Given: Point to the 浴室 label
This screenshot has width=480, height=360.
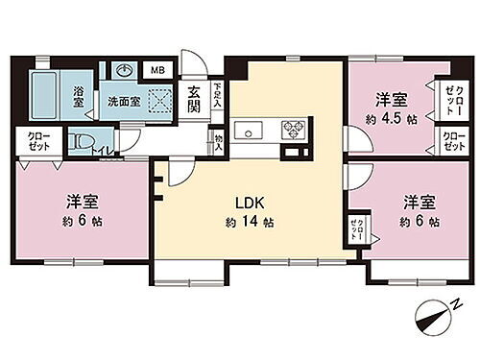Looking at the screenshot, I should pos(79,95).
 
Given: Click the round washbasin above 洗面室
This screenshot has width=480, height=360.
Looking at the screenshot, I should pos(125,69).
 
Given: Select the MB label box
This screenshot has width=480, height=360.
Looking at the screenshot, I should pos(156,70).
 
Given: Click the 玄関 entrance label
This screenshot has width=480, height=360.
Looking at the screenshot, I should pos(193,100).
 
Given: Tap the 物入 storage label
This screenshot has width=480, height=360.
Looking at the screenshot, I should pos(220,145).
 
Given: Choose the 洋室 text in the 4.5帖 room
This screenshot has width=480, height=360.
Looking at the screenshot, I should pos(390,99).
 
